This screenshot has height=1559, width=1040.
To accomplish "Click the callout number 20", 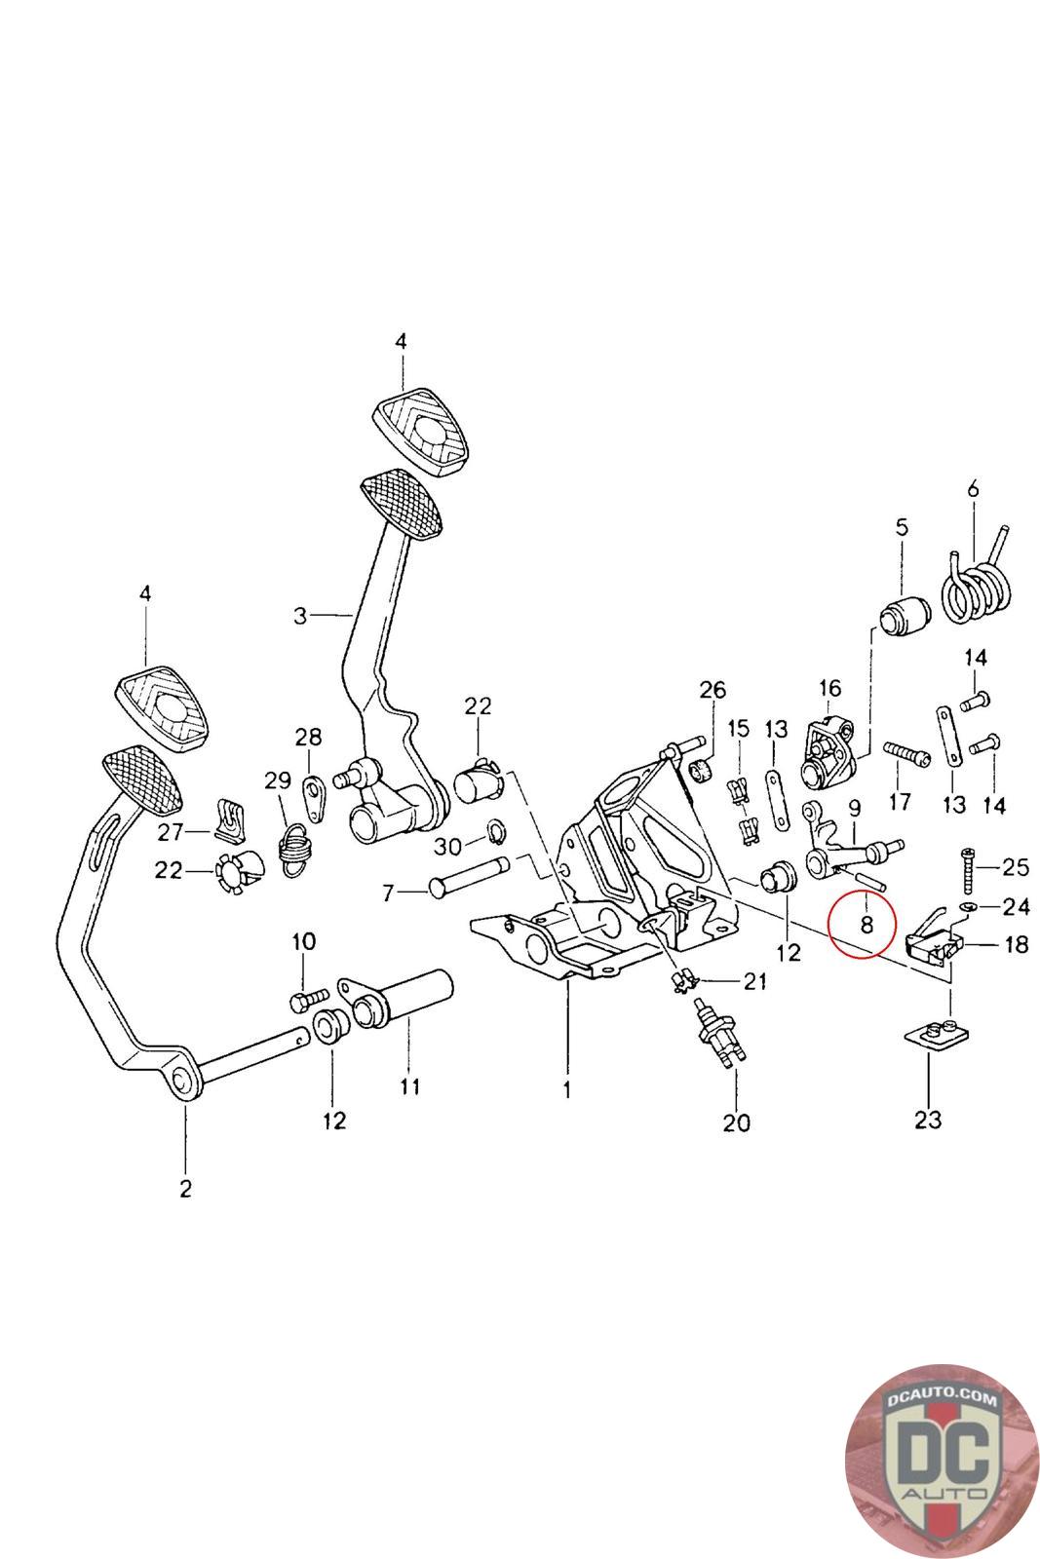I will click(736, 1122).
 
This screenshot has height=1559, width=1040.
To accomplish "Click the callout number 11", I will click(409, 1084).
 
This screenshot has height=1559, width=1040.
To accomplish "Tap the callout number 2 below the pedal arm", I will click(186, 1188).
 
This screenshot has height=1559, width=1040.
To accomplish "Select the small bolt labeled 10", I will click(304, 1000).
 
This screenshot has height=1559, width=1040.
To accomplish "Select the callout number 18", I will click(1016, 943).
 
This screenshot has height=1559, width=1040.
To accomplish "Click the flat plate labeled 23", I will click(935, 1035).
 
